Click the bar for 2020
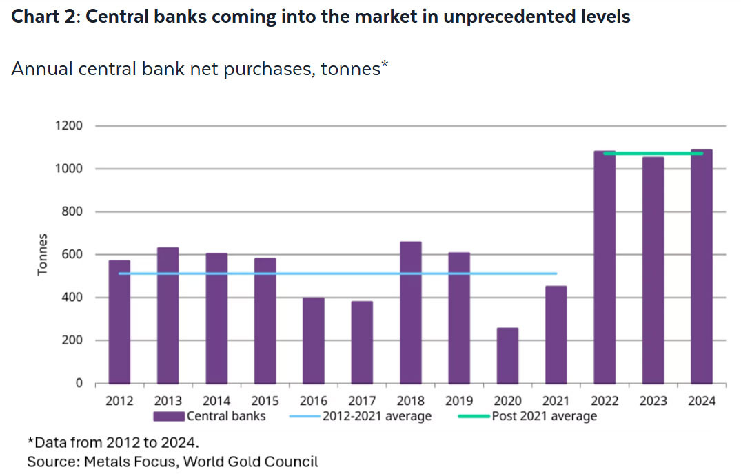(x=507, y=355)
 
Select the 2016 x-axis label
(x=314, y=401)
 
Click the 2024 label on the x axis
(x=702, y=401)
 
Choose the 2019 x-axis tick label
(x=459, y=401)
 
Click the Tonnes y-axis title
(x=43, y=255)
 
